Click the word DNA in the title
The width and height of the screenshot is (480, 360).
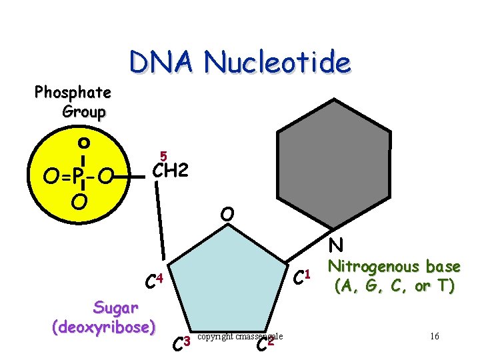pos(163,63)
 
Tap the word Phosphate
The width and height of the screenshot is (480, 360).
pos(73,92)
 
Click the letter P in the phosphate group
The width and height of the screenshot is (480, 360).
pos(78,177)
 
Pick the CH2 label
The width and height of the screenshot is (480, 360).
pos(170,172)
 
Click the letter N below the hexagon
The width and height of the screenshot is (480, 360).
pos(335,246)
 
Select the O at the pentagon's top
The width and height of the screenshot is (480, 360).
pos(227,215)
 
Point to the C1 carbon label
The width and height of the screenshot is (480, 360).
pos(303,273)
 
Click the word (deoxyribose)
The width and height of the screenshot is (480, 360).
pos(103,327)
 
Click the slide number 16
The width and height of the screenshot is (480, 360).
pos(434,336)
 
